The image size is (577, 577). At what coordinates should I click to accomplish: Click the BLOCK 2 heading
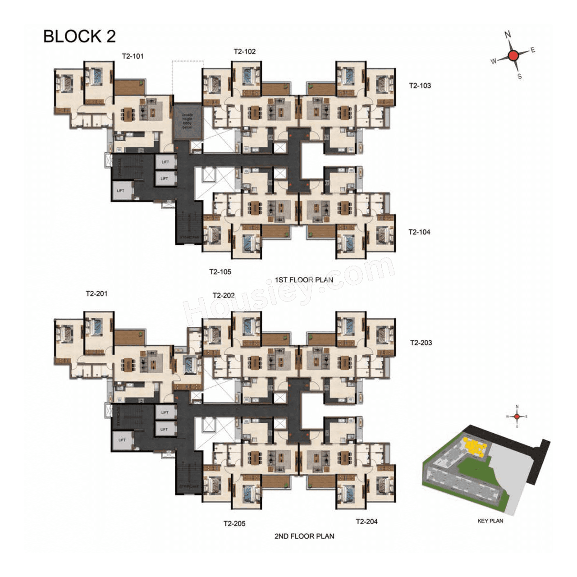coord(79,37)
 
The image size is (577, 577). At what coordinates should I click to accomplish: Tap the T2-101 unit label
coord(133,56)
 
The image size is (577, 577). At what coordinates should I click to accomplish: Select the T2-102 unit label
coord(244,51)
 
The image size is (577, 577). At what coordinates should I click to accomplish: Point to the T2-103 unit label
coord(420,86)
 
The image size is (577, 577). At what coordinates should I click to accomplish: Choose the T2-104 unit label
coord(419,232)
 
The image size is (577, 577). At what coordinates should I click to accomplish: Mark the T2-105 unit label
coord(220,272)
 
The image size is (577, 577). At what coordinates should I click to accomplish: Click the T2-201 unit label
coord(96,293)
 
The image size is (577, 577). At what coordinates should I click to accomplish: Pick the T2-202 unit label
coord(224,295)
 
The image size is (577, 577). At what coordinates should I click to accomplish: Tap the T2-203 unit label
coord(421,343)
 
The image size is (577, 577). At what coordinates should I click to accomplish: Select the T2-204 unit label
coord(366,522)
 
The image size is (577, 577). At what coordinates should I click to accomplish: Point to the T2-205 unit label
coord(234,524)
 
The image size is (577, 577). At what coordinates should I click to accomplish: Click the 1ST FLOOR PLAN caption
coord(304,280)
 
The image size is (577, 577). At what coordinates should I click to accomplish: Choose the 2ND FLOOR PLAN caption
coord(304,536)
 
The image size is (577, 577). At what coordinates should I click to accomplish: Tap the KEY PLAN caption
coord(490,521)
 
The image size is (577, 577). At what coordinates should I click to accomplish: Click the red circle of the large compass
coord(513,56)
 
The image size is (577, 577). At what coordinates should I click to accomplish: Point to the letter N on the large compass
coord(508,34)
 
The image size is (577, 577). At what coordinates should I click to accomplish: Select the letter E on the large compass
coord(533,50)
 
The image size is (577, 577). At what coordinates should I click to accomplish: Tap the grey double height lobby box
coord(187,121)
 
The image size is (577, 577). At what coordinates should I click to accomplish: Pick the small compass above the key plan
coord(517,417)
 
